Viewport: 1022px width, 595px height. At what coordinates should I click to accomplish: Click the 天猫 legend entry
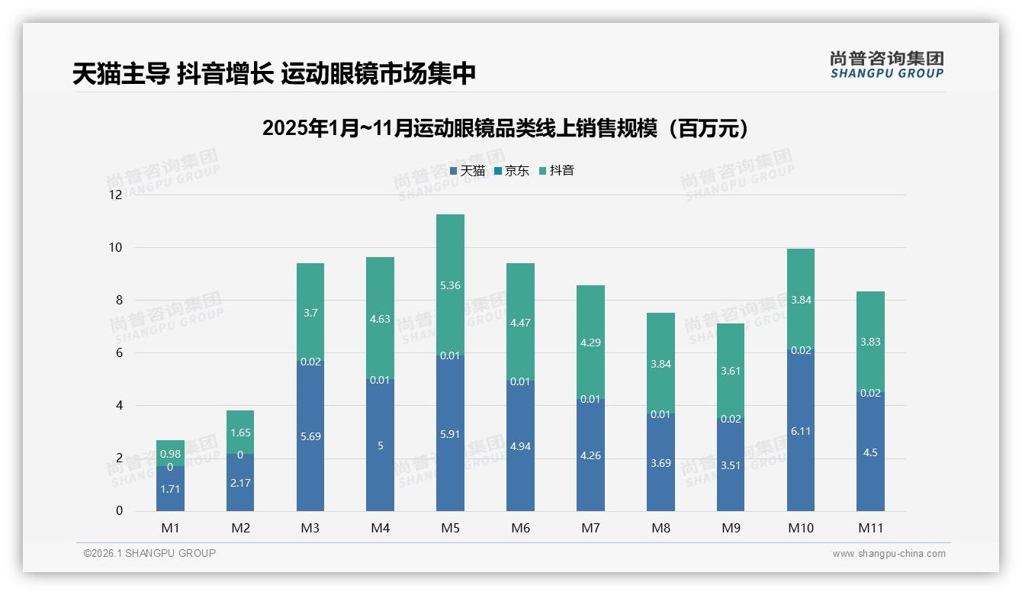tap(468, 171)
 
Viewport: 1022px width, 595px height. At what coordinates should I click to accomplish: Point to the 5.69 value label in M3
tap(310, 436)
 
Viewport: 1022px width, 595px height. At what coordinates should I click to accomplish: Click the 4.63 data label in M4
tap(380, 320)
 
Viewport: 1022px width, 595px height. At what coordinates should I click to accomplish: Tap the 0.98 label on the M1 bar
tap(170, 454)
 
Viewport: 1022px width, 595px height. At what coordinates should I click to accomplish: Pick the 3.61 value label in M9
tap(731, 371)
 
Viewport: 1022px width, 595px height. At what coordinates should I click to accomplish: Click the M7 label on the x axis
tap(590, 528)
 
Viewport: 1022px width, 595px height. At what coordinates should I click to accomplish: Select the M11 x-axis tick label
tap(870, 528)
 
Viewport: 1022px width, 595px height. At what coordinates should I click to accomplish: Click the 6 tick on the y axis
tap(118, 353)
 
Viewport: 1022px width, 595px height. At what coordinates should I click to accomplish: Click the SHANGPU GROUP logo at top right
tap(886, 64)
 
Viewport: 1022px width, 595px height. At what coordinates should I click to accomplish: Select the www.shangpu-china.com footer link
tap(889, 554)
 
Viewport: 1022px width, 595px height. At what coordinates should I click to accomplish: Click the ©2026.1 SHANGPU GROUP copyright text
tap(149, 553)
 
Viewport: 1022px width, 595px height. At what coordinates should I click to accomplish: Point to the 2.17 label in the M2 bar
tap(240, 483)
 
